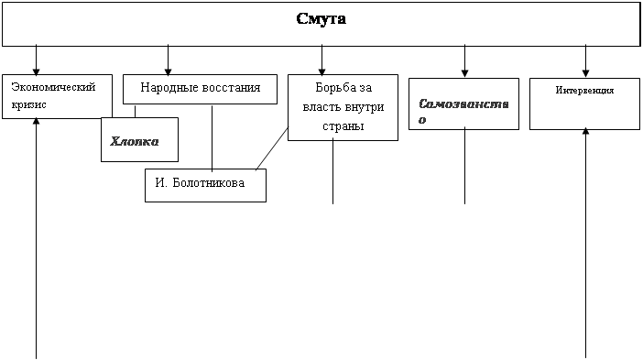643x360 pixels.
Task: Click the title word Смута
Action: pyautogui.click(x=321, y=19)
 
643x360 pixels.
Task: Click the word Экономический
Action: pyautogui.click(x=53, y=87)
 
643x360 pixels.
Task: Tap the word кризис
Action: pyautogui.click(x=28, y=105)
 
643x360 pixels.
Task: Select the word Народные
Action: pyautogui.click(x=164, y=87)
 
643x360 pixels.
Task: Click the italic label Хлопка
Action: pyautogui.click(x=134, y=141)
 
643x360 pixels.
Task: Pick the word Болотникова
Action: pyautogui.click(x=209, y=182)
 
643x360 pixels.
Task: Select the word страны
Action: pyautogui.click(x=343, y=126)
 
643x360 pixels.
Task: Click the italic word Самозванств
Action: pyautogui.click(x=463, y=104)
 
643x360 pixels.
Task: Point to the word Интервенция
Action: pyautogui.click(x=584, y=90)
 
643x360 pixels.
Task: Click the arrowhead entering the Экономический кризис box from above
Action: pyautogui.click(x=36, y=71)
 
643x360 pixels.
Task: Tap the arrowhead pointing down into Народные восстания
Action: pyautogui.click(x=168, y=71)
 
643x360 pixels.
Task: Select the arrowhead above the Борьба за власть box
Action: pyautogui.click(x=321, y=71)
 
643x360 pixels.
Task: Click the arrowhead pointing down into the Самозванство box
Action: pyautogui.click(x=464, y=73)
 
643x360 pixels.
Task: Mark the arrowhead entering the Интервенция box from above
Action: pyautogui.click(x=585, y=73)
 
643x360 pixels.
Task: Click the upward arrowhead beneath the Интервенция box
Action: pyautogui.click(x=585, y=131)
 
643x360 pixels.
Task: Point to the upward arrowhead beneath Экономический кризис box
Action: pyautogui.click(x=36, y=121)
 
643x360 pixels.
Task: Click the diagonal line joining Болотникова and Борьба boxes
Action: pyautogui.click(x=272, y=148)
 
